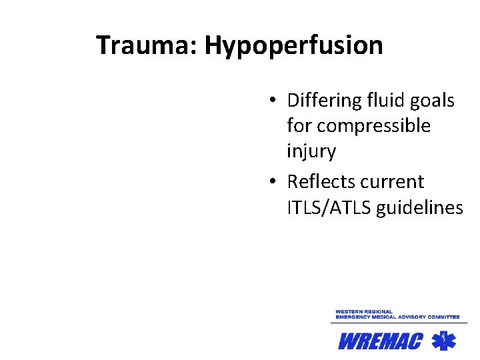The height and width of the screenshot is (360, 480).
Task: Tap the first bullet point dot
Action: (x=274, y=101)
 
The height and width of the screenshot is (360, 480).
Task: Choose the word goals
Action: (x=433, y=101)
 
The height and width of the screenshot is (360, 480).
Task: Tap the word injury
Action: (x=311, y=151)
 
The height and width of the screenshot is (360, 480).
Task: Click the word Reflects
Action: (x=321, y=181)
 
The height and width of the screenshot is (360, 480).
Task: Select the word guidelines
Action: (x=419, y=208)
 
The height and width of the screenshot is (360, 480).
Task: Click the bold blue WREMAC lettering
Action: (x=380, y=342)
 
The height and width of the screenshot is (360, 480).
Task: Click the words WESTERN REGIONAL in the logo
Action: (x=364, y=311)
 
